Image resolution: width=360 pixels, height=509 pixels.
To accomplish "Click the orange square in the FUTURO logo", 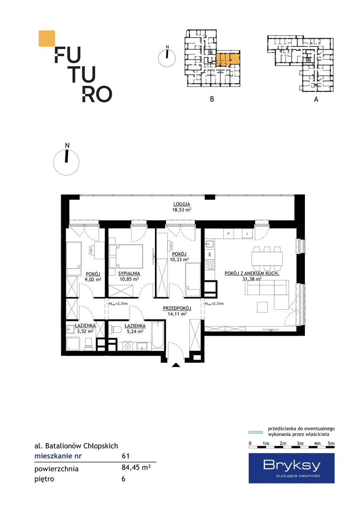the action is [x=47, y=38].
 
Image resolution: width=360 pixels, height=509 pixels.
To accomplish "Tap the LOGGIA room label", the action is [x=181, y=204].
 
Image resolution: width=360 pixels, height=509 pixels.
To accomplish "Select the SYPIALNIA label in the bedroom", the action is [x=129, y=274].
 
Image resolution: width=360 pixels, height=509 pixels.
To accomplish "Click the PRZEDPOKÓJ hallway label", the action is [x=177, y=308].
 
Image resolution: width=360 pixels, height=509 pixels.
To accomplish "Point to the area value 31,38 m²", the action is [x=252, y=279].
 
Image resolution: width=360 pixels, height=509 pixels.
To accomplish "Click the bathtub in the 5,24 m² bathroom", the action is [x=158, y=335].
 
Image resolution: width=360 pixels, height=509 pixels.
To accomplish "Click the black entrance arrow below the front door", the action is [x=176, y=365].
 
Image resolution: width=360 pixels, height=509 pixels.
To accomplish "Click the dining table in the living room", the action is [x=267, y=259].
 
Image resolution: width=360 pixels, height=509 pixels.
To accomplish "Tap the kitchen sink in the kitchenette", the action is [x=209, y=244].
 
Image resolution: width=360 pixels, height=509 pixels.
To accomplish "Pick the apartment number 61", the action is [x=126, y=456].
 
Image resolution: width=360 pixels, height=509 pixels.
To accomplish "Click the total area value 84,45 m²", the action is [x=136, y=468].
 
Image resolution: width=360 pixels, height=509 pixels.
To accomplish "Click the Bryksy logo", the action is [x=292, y=468].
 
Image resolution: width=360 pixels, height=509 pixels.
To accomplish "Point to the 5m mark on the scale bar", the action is [x=331, y=443].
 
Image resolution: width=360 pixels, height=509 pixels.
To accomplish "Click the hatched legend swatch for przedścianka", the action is [x=255, y=432].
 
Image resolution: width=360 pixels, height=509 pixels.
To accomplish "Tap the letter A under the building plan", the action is [x=316, y=99].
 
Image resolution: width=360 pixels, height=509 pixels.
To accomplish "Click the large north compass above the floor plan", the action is [x=66, y=162].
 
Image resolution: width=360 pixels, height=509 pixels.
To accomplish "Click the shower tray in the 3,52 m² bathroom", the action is [x=73, y=344].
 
